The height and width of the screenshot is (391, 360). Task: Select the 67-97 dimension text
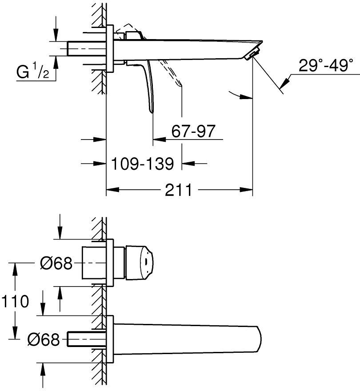coord(193,131)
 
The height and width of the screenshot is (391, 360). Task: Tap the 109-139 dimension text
coord(142,164)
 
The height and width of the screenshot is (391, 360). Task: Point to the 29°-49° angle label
coord(326,67)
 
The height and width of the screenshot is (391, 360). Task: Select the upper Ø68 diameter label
coord(56,263)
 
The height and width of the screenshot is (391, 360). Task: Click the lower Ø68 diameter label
coord(43,340)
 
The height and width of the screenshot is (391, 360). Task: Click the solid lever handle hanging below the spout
coord(150,87)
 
